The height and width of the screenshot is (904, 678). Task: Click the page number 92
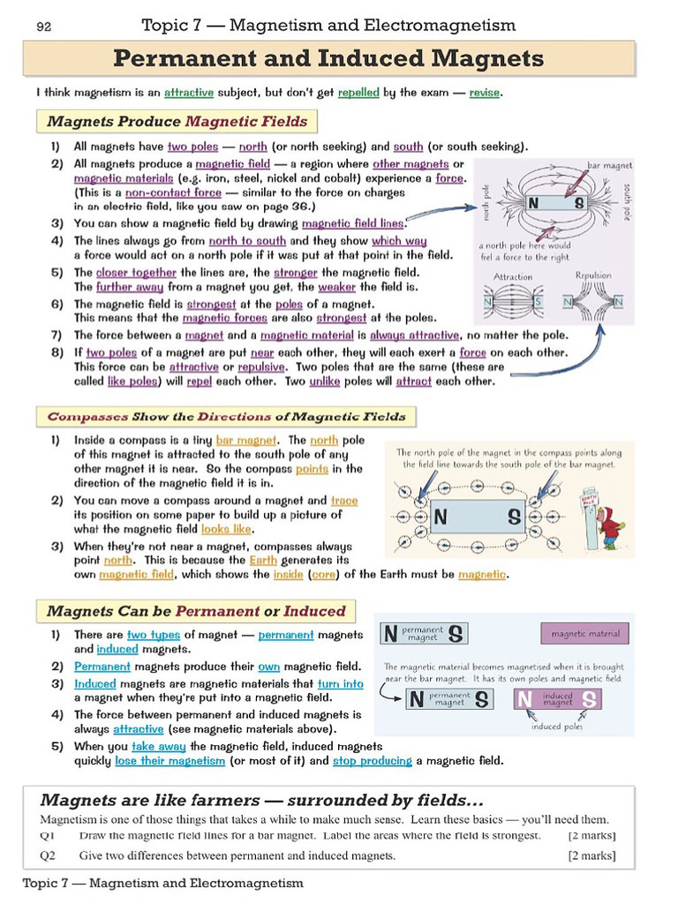tap(43, 27)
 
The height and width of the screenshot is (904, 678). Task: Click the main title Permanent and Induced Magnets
tap(328, 59)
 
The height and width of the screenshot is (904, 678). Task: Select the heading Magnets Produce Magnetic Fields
tap(177, 122)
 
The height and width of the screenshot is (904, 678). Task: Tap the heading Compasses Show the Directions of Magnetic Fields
tap(226, 417)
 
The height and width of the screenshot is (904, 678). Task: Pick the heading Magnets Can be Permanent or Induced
tap(195, 611)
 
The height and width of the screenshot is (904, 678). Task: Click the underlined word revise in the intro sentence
tap(485, 92)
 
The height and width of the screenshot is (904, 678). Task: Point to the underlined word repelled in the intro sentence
tap(358, 92)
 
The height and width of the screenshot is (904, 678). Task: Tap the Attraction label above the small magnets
tap(513, 276)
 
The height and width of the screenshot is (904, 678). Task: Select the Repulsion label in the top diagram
tap(592, 275)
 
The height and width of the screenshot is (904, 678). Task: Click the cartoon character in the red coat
tap(609, 528)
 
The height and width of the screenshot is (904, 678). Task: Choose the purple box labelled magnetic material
tap(584, 634)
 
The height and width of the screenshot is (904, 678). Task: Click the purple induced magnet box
tap(558, 700)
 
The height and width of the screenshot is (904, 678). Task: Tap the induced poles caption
tap(556, 727)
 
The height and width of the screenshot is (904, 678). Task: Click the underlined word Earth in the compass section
tap(263, 560)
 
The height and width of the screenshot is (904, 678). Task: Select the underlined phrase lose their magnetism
tap(169, 760)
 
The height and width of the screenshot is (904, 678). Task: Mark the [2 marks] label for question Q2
tap(591, 855)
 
